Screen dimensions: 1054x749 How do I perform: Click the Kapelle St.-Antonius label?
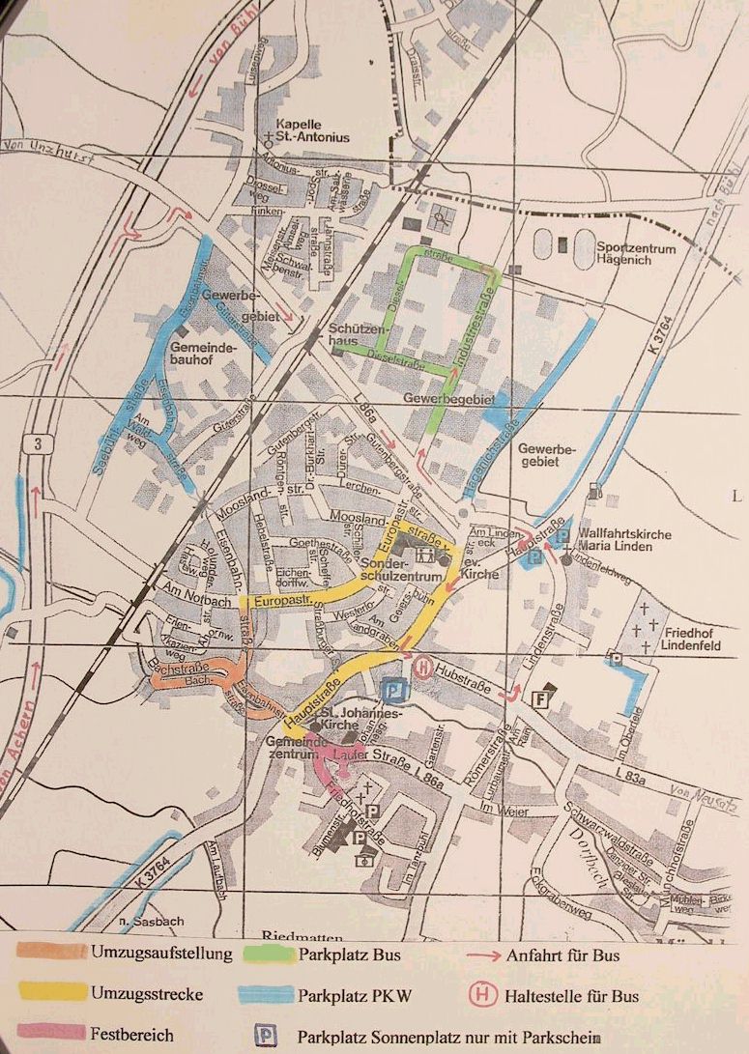(x=312, y=130)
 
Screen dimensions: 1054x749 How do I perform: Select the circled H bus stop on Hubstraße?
(x=422, y=666)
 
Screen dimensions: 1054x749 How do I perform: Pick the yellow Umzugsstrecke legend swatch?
(x=52, y=994)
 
